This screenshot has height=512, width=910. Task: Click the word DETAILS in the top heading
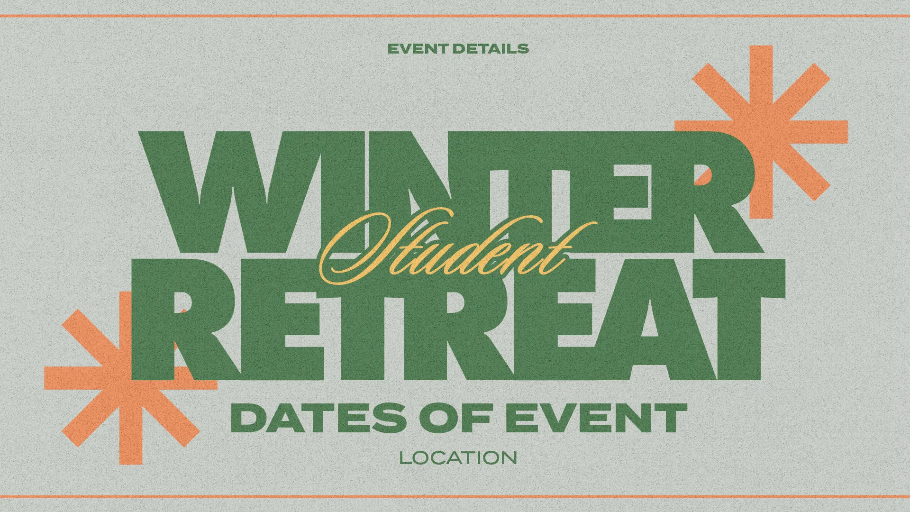point(491,48)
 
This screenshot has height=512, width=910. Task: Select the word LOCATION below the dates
point(458,458)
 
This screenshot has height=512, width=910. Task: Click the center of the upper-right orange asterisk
point(761,131)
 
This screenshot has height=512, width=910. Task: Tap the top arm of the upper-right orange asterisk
point(761,81)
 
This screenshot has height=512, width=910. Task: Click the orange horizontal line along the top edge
point(455,16)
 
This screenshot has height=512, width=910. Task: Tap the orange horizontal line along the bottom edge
point(455,496)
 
